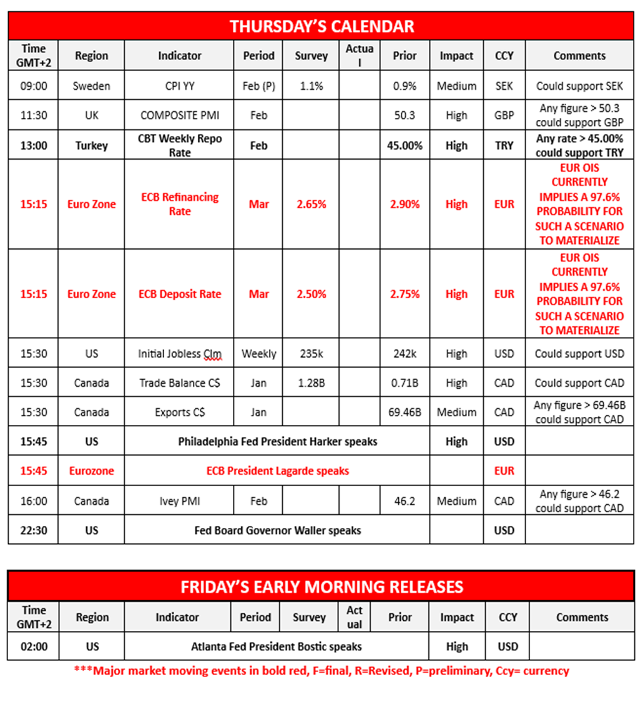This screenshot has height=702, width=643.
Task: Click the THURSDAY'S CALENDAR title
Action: click(x=321, y=26)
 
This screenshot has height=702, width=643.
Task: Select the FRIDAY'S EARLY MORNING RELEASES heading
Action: click(x=321, y=587)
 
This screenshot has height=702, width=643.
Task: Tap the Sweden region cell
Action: click(x=91, y=86)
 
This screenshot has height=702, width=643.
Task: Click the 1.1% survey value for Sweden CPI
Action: click(x=311, y=86)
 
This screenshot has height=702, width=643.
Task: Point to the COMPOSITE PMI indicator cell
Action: click(x=180, y=115)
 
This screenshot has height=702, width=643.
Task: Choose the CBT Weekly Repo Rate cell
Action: click(x=180, y=145)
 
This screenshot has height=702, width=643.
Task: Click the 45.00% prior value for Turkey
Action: click(x=405, y=145)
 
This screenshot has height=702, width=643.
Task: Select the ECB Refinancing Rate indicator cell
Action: click(x=180, y=204)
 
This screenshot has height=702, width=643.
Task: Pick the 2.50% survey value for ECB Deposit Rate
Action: click(x=311, y=294)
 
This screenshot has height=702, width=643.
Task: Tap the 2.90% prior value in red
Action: click(x=405, y=204)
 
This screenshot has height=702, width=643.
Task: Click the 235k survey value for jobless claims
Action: click(x=311, y=354)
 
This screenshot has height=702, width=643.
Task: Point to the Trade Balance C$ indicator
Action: click(x=180, y=383)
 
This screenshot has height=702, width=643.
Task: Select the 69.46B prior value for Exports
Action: click(x=405, y=412)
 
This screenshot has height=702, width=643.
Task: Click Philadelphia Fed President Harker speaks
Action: click(x=277, y=442)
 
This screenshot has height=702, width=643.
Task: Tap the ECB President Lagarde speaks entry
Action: click(x=277, y=471)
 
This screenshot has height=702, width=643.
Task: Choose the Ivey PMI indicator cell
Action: click(x=180, y=501)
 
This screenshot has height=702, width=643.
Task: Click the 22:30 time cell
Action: click(x=34, y=530)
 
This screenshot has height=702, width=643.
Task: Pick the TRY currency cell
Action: click(x=504, y=145)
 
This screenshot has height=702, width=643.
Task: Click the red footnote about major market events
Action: click(x=321, y=671)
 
